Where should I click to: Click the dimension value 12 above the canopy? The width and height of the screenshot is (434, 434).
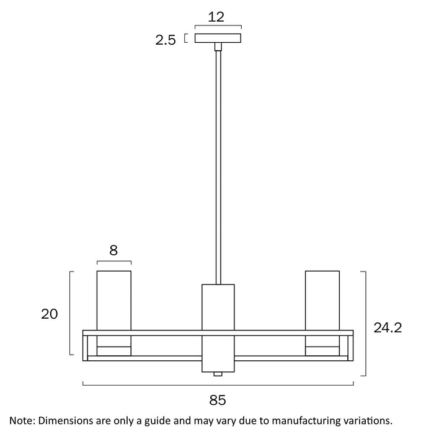click(x=216, y=17)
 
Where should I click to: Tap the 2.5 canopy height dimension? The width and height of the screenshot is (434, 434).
click(x=166, y=40)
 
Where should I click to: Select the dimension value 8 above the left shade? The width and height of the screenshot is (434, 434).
click(x=113, y=250)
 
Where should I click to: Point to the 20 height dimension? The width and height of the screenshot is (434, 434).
click(x=49, y=314)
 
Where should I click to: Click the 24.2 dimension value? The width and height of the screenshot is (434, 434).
click(x=387, y=328)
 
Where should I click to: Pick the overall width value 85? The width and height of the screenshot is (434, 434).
click(x=218, y=400)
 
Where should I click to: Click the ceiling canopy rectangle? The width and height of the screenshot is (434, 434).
click(x=218, y=38)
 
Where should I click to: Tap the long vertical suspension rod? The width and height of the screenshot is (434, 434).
click(x=218, y=167)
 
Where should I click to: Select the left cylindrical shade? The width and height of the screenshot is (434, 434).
click(x=114, y=300)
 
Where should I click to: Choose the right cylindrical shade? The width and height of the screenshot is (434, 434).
click(x=322, y=300)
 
